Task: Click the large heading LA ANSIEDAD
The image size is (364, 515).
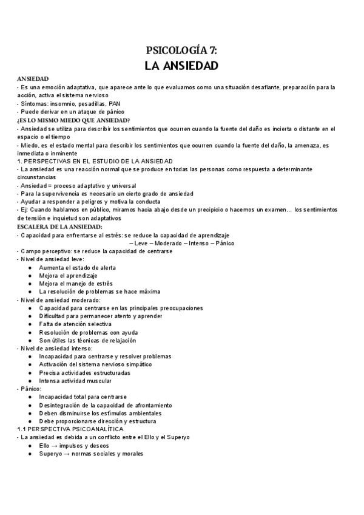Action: coord(182,65)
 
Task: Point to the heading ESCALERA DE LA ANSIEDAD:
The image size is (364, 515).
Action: coord(60,227)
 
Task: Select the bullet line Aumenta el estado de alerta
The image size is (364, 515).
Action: coord(77,267)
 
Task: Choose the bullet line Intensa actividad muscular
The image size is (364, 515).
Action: coord(75,381)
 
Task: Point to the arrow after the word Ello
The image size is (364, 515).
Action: coord(55,446)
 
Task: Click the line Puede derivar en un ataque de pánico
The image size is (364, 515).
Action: coord(72,112)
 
